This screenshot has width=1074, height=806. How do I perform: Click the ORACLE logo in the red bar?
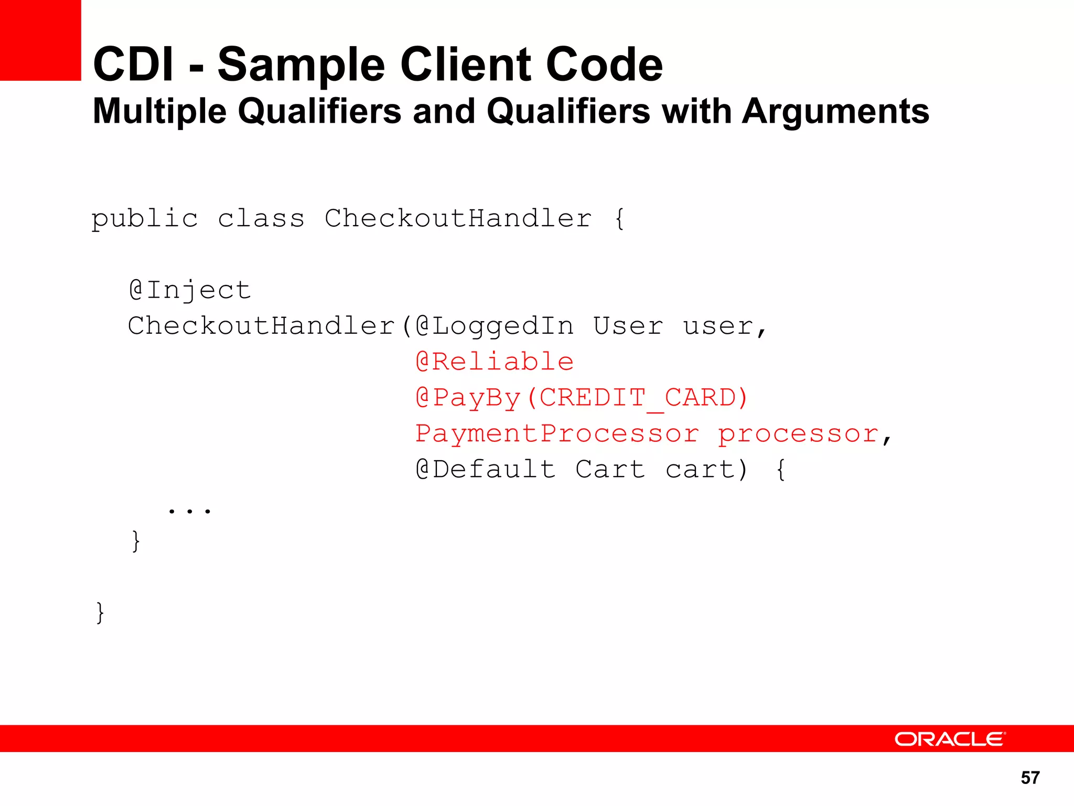point(949,739)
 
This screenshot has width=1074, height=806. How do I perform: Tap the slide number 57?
point(1030,778)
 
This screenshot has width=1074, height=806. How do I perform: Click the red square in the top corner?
point(40,40)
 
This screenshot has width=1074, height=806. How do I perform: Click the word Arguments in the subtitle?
point(835,111)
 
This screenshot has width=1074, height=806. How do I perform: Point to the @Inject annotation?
point(190,291)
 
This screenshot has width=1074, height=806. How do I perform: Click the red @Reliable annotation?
point(495,362)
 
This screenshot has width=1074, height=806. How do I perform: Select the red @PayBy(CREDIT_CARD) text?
point(582,398)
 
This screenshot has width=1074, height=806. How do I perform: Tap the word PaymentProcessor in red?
point(557,434)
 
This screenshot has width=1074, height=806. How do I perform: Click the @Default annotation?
point(486,470)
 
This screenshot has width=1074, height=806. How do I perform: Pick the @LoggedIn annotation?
point(495,326)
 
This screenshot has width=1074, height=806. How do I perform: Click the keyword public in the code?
point(145,219)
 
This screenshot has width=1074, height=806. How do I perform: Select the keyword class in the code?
point(261,219)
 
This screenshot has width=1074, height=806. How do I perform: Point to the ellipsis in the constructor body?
point(189,510)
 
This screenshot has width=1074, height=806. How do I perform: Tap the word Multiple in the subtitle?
point(159,111)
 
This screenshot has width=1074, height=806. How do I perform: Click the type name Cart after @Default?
point(610,470)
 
